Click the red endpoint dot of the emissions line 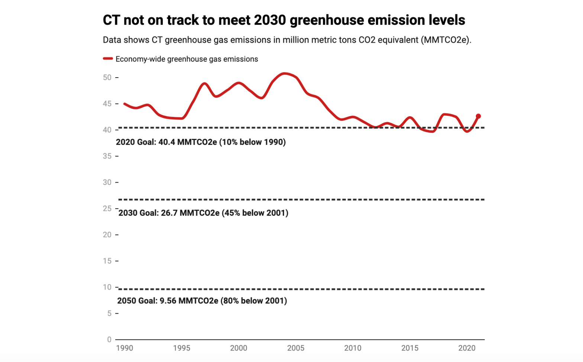pyautogui.click(x=479, y=116)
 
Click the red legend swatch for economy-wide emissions pyautogui.click(x=108, y=59)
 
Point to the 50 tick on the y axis pyautogui.click(x=107, y=78)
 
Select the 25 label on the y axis pyautogui.click(x=107, y=209)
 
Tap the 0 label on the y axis pyautogui.click(x=109, y=339)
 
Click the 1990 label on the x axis pyautogui.click(x=125, y=348)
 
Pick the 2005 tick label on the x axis pyautogui.click(x=296, y=348)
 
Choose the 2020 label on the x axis pyautogui.click(x=467, y=348)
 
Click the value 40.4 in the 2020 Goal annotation pyautogui.click(x=167, y=142)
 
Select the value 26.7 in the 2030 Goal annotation pyautogui.click(x=169, y=213)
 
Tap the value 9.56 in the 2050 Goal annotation pyautogui.click(x=168, y=301)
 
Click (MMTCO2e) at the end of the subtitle pyautogui.click(x=446, y=40)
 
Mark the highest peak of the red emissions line pyautogui.click(x=284, y=74)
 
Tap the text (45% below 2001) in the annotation pyautogui.click(x=255, y=213)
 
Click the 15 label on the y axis pyautogui.click(x=107, y=261)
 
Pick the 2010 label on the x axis pyautogui.click(x=352, y=348)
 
